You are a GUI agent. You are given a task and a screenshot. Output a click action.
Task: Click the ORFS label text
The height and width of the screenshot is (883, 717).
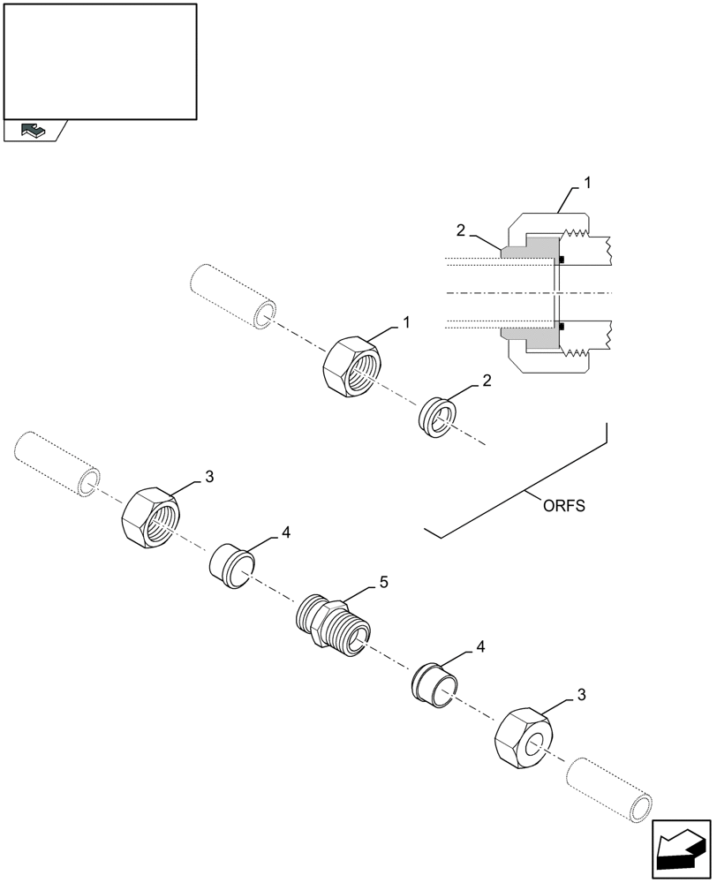(564, 506)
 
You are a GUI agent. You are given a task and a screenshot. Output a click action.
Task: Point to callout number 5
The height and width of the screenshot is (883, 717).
(383, 583)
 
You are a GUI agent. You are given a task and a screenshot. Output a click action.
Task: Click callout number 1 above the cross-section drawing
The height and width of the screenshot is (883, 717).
(587, 183)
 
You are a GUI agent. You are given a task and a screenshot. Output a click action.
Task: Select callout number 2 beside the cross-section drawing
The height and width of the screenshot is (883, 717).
(460, 230)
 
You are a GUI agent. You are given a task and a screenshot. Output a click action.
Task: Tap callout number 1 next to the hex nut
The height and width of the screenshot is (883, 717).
(406, 323)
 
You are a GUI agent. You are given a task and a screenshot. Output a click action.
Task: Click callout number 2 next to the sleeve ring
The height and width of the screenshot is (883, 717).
(486, 381)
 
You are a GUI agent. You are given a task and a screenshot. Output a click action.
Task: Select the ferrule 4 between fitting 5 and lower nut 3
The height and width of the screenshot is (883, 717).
(434, 683)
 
